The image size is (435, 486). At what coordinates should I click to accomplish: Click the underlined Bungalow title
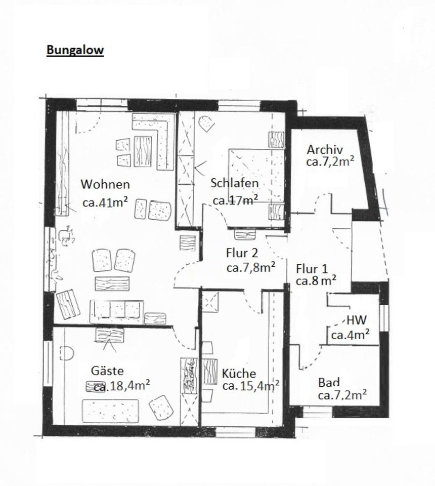[75, 50]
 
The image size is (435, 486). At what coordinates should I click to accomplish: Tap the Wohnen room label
[105, 185]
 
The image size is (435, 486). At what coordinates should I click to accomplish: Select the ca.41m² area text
[105, 202]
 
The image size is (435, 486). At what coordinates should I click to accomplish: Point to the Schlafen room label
[235, 183]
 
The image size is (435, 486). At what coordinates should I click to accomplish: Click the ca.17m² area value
[235, 200]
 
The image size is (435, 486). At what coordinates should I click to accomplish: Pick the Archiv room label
[325, 150]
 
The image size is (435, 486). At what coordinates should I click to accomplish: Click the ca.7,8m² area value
[250, 267]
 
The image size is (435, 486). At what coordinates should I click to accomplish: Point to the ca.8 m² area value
[316, 280]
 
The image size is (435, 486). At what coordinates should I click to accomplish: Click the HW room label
[357, 320]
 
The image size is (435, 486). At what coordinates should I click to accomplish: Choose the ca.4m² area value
[350, 335]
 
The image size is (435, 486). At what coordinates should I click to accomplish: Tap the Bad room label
[329, 382]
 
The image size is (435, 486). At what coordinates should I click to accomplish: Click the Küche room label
[239, 374]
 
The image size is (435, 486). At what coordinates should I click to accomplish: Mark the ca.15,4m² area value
[251, 386]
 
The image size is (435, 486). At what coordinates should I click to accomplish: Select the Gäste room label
[107, 371]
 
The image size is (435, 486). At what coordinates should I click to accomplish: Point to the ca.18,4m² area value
[121, 386]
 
